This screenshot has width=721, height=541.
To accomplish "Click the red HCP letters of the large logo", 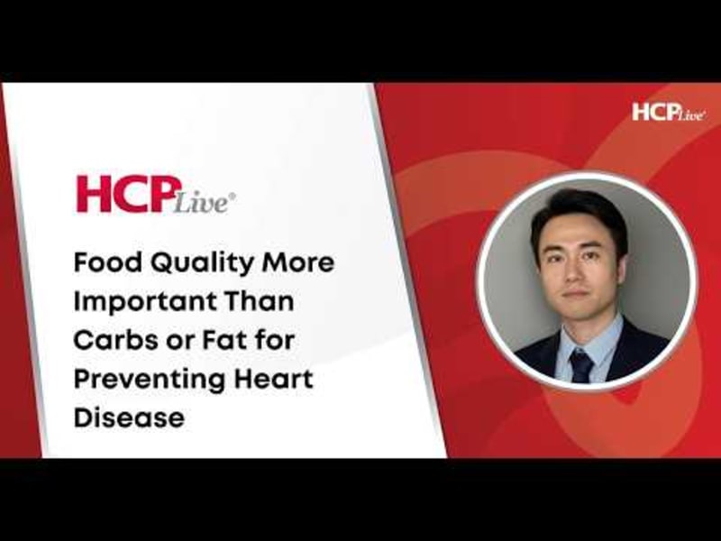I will [122, 195].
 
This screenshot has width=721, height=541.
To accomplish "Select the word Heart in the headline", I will [279, 380].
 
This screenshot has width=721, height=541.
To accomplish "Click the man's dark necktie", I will [581, 364].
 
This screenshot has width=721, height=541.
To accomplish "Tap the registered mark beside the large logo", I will [233, 192].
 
